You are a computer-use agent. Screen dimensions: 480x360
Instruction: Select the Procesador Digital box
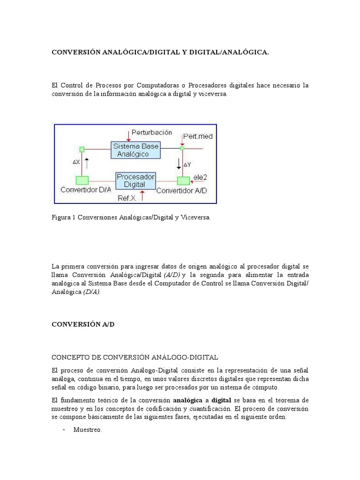(136, 180)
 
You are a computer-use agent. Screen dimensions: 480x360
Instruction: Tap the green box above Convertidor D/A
(82, 180)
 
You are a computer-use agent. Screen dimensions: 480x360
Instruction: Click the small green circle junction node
(182, 148)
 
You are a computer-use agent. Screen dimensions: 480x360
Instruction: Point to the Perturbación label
(152, 132)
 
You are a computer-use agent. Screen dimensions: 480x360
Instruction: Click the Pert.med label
(198, 136)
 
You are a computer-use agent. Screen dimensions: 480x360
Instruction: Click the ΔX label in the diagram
(76, 162)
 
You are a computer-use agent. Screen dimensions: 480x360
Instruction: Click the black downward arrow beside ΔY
(179, 164)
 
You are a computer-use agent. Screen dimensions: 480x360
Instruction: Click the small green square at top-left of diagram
(82, 150)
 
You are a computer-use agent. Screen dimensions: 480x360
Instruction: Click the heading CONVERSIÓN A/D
(82, 324)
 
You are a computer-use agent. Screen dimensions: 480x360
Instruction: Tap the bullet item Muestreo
(87, 430)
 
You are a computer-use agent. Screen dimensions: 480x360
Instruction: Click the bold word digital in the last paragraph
(221, 400)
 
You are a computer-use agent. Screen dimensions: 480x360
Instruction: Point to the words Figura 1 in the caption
(64, 217)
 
